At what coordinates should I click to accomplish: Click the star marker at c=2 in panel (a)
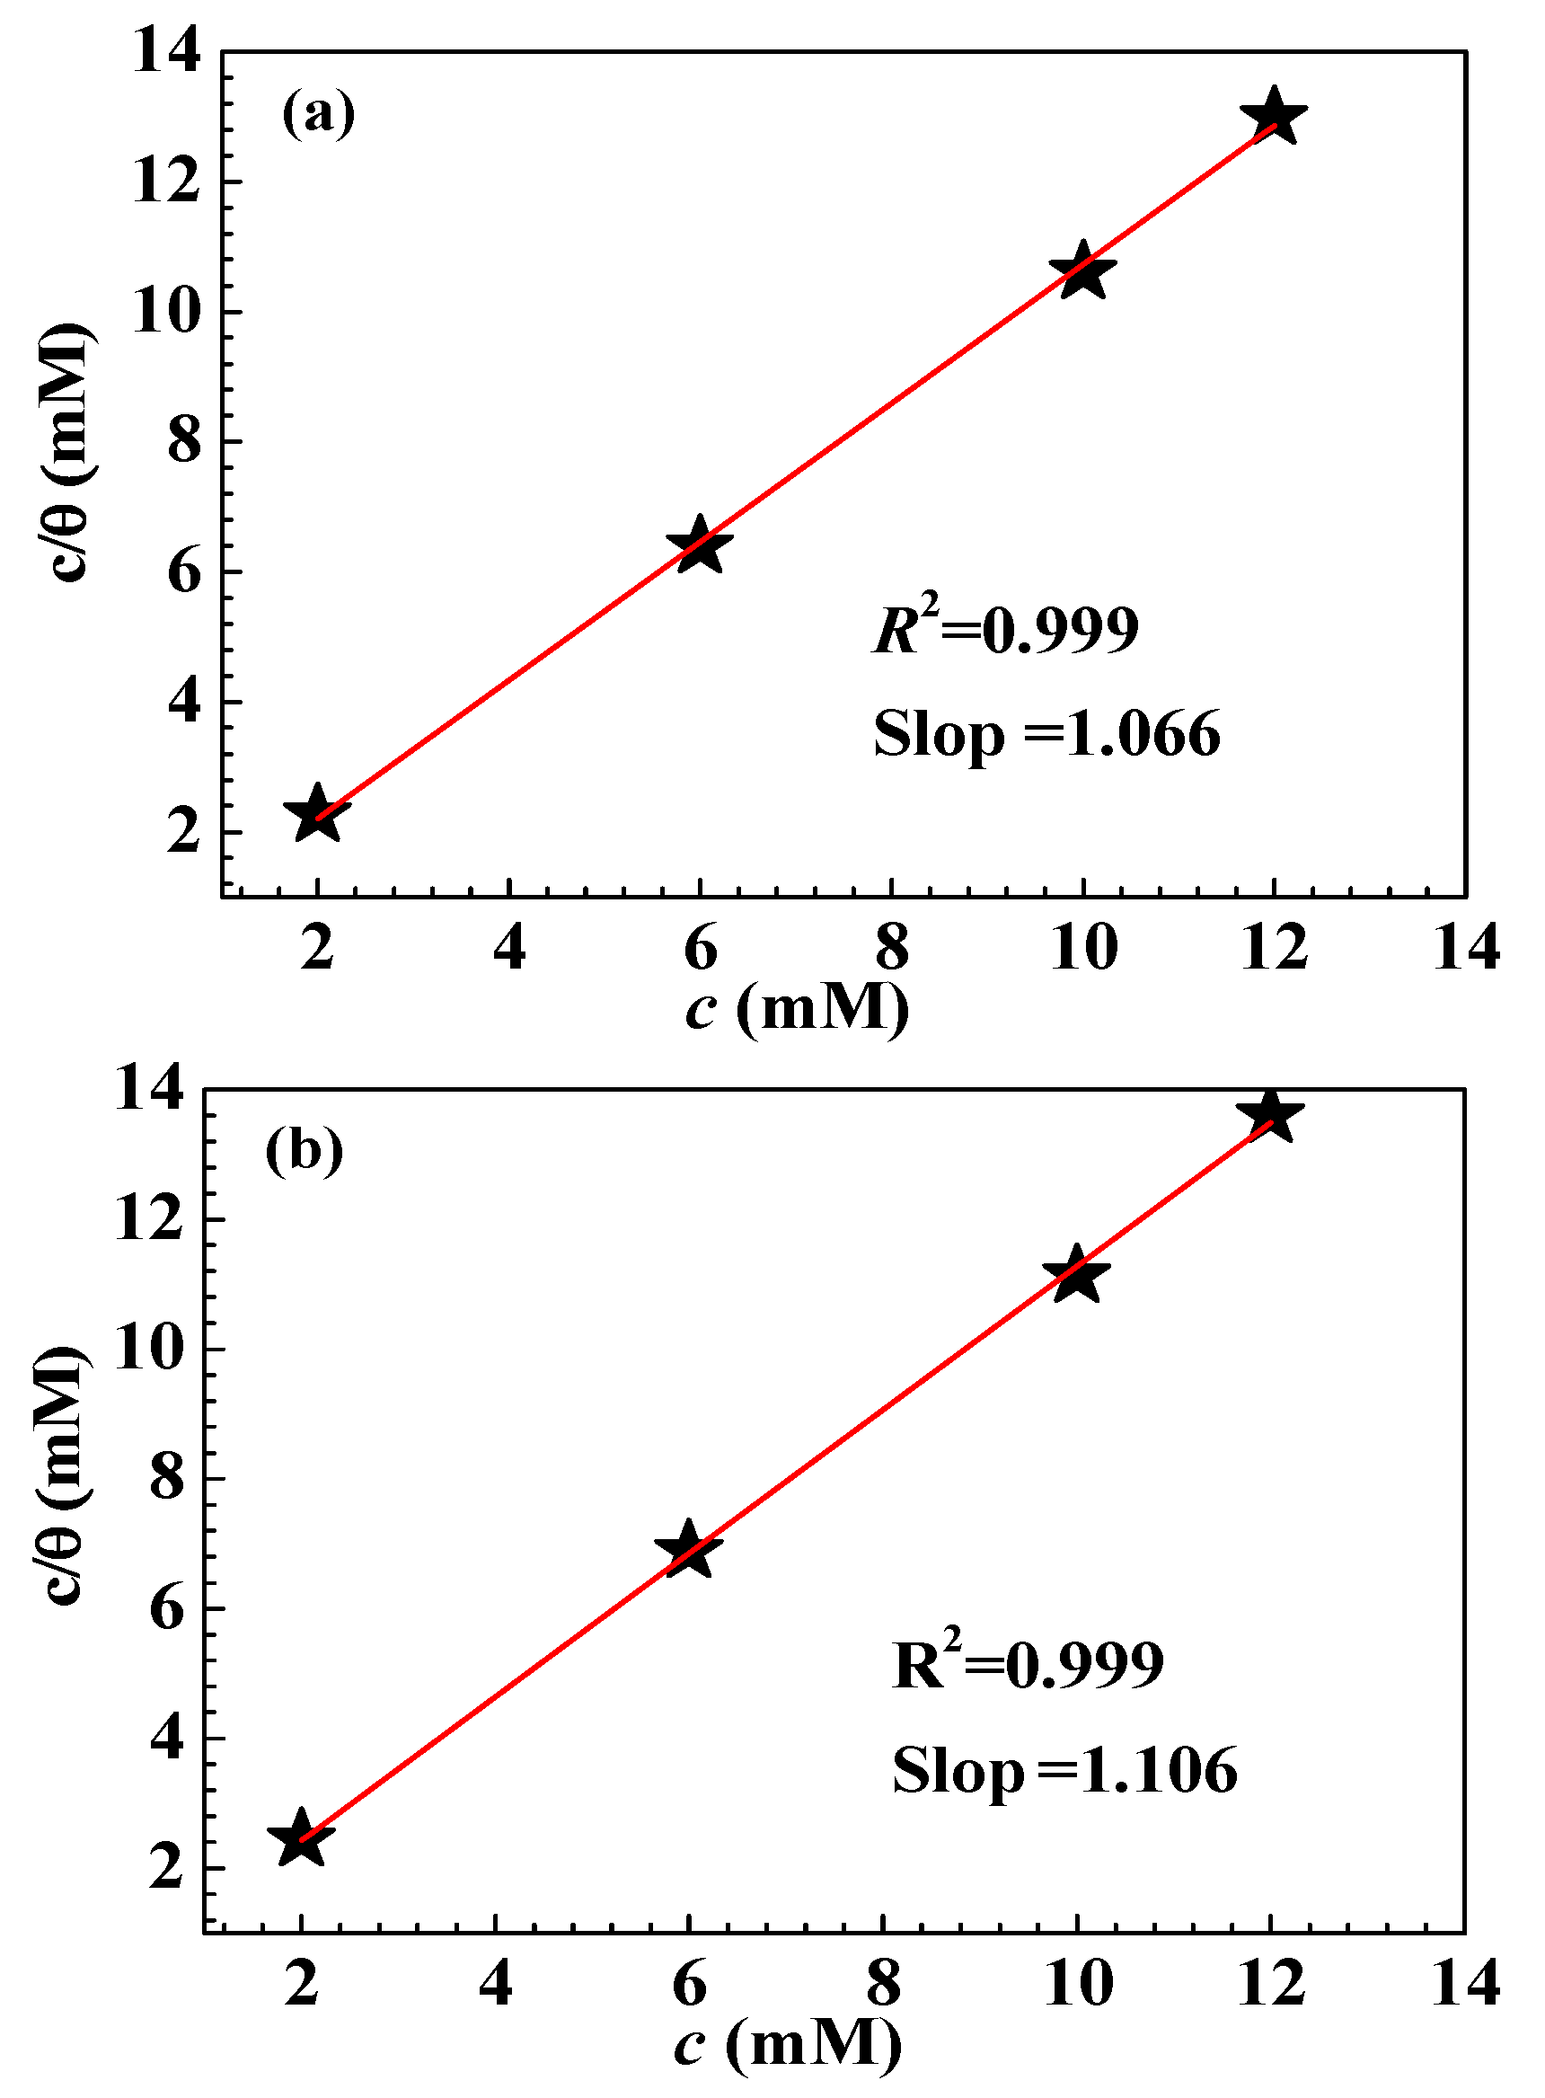tap(318, 815)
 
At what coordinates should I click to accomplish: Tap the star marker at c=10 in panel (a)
tap(1083, 271)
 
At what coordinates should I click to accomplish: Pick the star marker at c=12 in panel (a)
tap(1274, 117)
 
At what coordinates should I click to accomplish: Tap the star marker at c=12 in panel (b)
tap(1270, 1116)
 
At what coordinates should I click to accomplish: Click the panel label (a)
tap(318, 114)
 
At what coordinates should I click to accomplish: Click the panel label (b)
tap(304, 1151)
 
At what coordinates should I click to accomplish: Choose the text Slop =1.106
tap(1064, 1771)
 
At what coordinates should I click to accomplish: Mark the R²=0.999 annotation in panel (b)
tap(1028, 1662)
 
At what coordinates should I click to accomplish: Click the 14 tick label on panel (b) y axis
tap(148, 1091)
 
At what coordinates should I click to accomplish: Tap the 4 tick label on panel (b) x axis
tap(495, 1983)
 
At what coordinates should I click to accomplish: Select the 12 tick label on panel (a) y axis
tap(165, 181)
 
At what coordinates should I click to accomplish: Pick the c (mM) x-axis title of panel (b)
tap(788, 2045)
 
